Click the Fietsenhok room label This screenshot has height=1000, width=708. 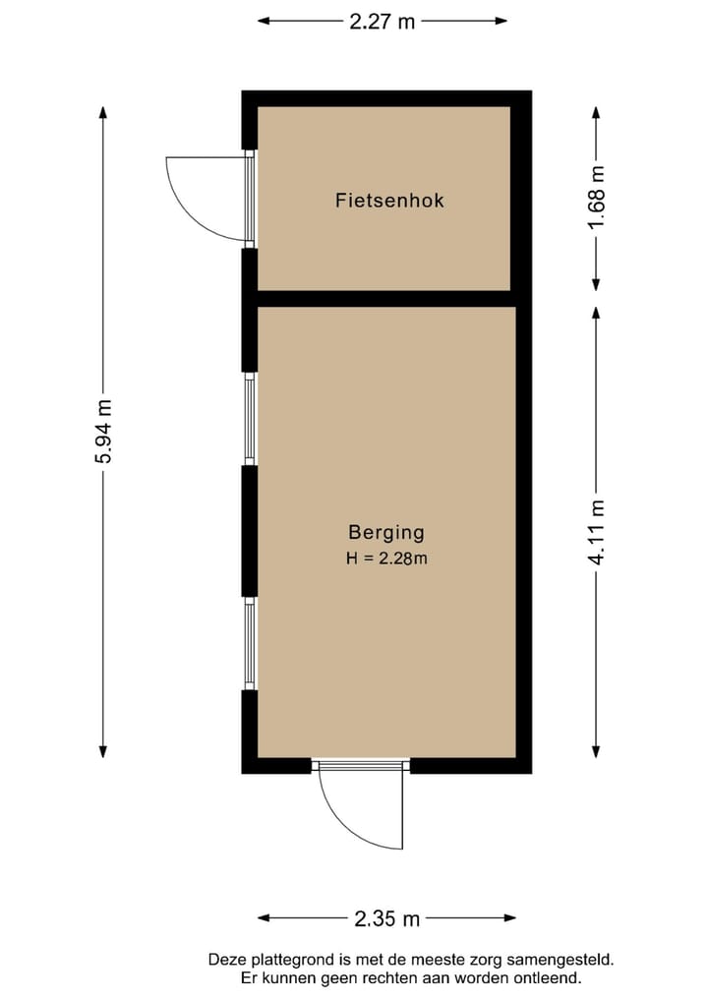tap(389, 201)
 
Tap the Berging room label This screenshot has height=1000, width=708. tap(386, 533)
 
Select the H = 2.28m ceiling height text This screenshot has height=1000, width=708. tap(386, 559)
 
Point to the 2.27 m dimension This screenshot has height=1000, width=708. tap(383, 21)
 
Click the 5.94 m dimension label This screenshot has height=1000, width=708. tap(103, 433)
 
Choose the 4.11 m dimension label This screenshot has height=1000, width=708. tap(597, 532)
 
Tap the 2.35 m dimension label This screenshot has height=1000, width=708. tap(386, 918)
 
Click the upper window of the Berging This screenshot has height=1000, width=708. tap(250, 419)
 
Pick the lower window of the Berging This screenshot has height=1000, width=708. tap(250, 644)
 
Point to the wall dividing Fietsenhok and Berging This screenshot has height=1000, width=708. tap(383, 299)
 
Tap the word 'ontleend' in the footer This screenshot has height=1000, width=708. tap(547, 978)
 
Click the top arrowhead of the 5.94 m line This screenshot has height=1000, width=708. tap(103, 111)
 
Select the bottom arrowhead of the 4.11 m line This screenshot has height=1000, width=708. tap(597, 751)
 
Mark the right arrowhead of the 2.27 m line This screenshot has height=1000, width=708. tap(501, 21)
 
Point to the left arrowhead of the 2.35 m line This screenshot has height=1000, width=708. tap(264, 918)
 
